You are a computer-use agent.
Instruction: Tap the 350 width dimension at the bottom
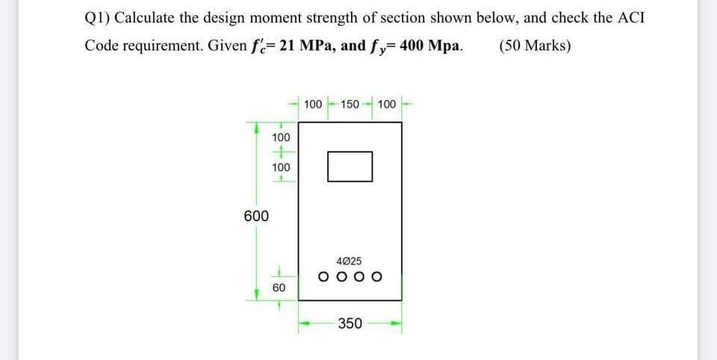[x=350, y=323]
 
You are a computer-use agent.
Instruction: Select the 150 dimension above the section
[x=350, y=102]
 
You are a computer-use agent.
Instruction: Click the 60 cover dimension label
[x=279, y=287]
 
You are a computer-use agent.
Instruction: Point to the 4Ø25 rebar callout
[x=350, y=261]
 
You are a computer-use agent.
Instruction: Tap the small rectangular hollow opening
[x=350, y=166]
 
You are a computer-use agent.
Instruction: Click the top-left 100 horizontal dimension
[x=314, y=102]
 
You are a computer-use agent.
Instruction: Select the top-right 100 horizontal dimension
[x=386, y=102]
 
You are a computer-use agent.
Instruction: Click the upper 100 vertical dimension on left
[x=280, y=138]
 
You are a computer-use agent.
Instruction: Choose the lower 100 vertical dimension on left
[x=280, y=168]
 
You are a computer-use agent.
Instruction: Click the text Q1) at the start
[x=99, y=17]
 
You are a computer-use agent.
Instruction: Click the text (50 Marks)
[x=534, y=45]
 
